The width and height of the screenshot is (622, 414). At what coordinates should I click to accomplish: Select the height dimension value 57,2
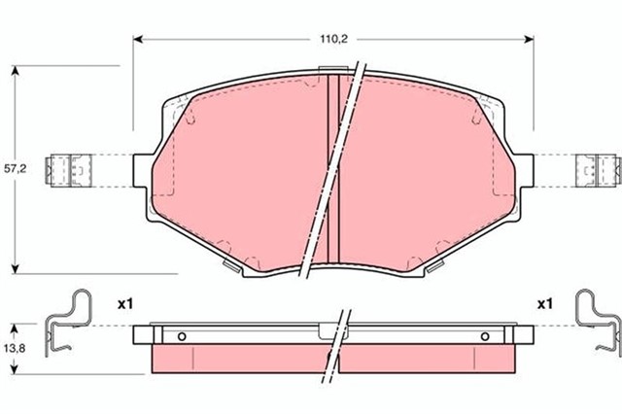pos(14,168)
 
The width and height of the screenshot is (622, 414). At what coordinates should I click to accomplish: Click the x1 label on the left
pos(123,304)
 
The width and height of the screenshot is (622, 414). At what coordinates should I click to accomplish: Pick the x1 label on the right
pos(545,304)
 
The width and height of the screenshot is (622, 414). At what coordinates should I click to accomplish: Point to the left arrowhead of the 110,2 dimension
pos(137,40)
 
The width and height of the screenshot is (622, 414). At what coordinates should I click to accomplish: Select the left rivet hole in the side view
pos(181,337)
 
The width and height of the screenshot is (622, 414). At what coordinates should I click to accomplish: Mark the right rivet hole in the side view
pos(485,337)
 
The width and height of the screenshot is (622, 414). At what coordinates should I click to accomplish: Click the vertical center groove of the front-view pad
pos(333,165)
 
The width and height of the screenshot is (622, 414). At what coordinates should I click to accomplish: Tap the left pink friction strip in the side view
pos(238,359)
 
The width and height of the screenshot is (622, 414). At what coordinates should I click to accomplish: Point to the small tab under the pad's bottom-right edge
pos(440,265)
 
